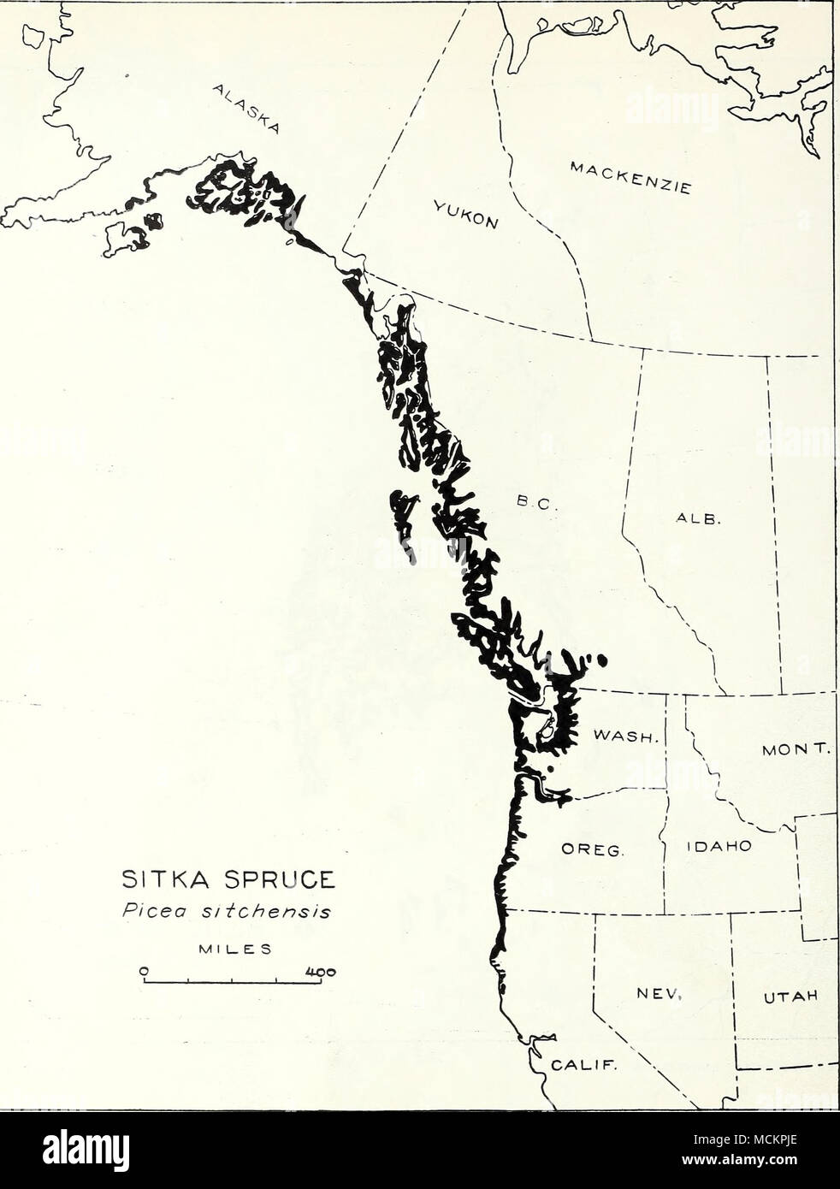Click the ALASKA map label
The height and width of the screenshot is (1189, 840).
(243, 110)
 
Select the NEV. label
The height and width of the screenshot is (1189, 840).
(657, 994)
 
